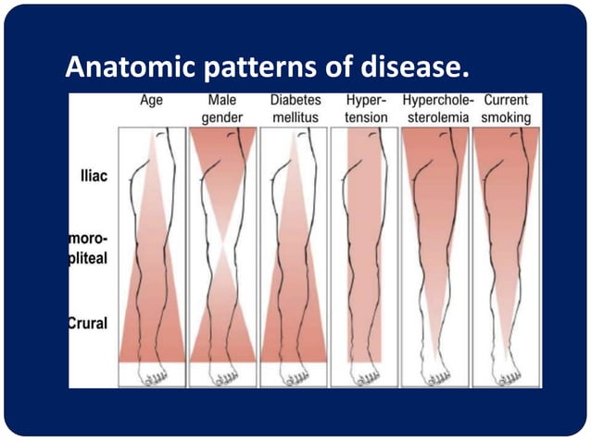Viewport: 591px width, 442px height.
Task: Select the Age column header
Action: point(152,101)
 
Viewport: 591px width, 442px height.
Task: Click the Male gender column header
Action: point(222,110)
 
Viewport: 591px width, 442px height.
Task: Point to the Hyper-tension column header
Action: point(364,110)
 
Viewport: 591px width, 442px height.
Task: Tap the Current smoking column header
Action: point(506,110)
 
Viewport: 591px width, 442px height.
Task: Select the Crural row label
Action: point(89,323)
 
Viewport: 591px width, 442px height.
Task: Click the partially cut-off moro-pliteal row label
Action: point(88,249)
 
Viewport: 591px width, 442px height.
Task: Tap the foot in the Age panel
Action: point(152,374)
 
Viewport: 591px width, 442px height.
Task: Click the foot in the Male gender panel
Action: point(223,374)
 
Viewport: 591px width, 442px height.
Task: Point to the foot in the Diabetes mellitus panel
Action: point(294,374)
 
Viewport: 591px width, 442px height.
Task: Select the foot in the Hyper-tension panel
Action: point(365,374)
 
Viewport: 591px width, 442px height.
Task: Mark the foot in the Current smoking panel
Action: point(505,374)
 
